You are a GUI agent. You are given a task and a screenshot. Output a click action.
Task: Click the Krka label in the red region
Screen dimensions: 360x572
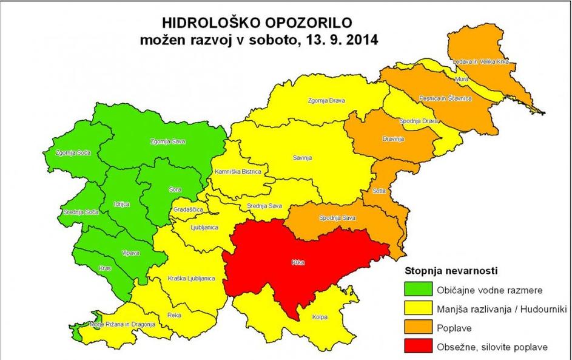point(297,263)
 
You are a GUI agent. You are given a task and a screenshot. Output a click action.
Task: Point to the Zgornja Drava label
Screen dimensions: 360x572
point(326,101)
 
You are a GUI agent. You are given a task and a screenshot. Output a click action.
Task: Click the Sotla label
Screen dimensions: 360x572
point(380,190)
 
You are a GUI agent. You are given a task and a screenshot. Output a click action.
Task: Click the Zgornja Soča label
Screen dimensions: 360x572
point(72,152)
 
